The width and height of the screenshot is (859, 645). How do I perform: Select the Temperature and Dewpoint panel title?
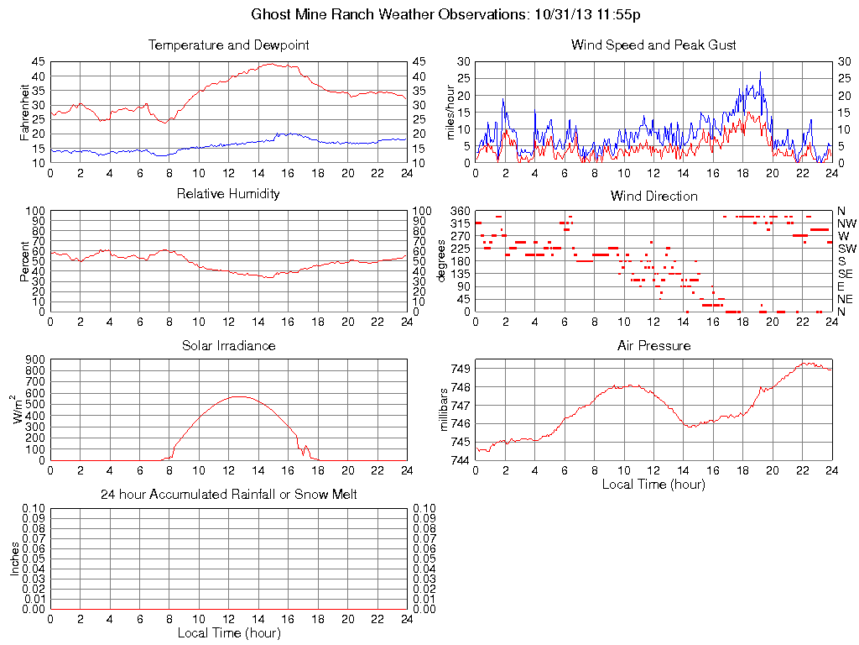(x=228, y=45)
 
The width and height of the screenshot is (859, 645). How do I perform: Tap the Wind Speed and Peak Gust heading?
(x=653, y=45)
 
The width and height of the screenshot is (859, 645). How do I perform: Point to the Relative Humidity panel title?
(x=228, y=194)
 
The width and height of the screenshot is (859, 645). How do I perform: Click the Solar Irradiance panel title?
(x=228, y=345)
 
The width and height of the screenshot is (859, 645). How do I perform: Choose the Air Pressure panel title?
(x=653, y=345)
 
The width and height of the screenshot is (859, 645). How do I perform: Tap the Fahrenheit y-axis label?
(x=25, y=112)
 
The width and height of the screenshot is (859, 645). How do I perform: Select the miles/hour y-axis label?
(x=450, y=112)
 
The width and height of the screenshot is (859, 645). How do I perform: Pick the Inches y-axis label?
(x=14, y=558)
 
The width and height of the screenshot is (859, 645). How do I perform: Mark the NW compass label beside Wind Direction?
(x=846, y=223)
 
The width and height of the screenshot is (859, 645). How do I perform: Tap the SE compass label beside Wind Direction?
(x=846, y=274)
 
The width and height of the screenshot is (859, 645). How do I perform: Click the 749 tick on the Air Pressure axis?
(x=460, y=368)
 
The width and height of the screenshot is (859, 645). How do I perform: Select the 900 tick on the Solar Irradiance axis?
(x=34, y=359)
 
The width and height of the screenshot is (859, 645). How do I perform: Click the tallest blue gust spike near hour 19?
(x=760, y=72)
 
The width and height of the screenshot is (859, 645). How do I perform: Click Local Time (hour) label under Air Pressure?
(x=653, y=485)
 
